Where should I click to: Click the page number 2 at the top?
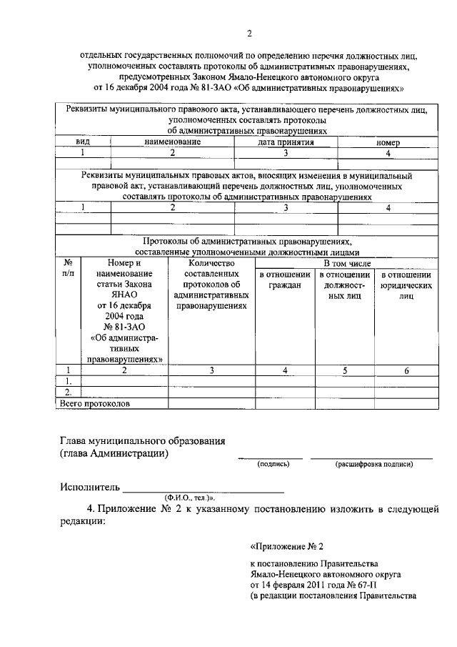click(249, 33)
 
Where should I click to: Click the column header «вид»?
click(83, 142)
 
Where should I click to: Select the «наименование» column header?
click(172, 142)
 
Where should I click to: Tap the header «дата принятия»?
click(286, 142)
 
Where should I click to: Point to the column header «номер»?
click(388, 143)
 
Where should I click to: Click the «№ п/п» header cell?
click(69, 267)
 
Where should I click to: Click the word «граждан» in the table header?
click(285, 285)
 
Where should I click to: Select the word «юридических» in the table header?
click(406, 285)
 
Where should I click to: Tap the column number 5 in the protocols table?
click(345, 370)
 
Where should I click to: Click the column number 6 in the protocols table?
click(406, 370)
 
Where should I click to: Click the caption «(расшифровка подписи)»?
click(373, 464)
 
